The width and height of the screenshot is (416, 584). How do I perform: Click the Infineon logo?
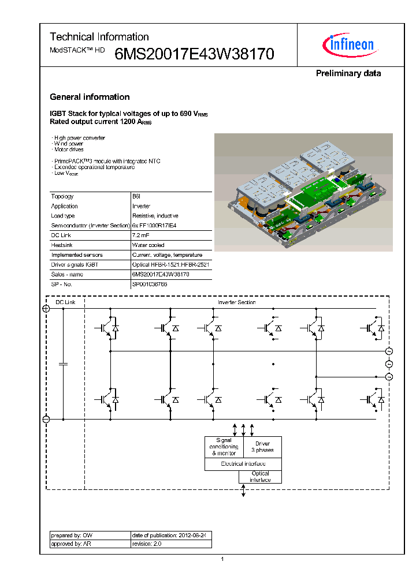pyautogui.click(x=352, y=44)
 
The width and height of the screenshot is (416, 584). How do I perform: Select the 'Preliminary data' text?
pyautogui.click(x=348, y=73)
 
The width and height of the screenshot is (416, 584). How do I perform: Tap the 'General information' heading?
pyautogui.click(x=90, y=97)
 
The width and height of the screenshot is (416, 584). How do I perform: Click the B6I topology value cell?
pyautogui.click(x=136, y=196)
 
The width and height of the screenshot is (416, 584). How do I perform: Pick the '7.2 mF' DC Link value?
pyautogui.click(x=142, y=235)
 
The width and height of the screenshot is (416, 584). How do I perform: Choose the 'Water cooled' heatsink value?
pyautogui.click(x=148, y=245)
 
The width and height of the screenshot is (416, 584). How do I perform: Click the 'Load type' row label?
pyautogui.click(x=63, y=216)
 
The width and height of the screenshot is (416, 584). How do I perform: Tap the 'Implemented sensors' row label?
pyautogui.click(x=77, y=255)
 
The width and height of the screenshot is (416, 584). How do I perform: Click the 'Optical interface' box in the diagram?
pyautogui.click(x=260, y=477)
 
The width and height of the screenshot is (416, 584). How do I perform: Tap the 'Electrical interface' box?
pyautogui.click(x=243, y=464)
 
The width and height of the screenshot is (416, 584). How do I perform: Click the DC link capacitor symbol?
pyautogui.click(x=64, y=364)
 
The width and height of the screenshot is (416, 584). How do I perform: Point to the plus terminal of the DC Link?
pyautogui.click(x=46, y=309)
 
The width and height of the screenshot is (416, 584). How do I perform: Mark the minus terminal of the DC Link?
pyautogui.click(x=46, y=420)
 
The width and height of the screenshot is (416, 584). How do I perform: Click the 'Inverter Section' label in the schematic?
pyautogui.click(x=236, y=302)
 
